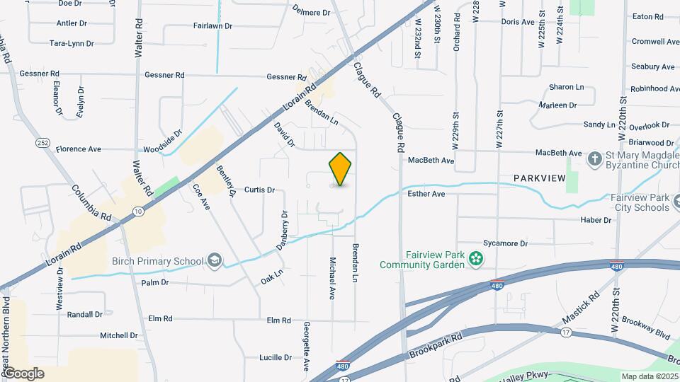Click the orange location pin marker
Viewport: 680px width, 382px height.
pyautogui.click(x=340, y=169)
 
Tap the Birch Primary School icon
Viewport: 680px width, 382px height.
pyautogui.click(x=214, y=262)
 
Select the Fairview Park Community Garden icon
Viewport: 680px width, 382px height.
pyautogui.click(x=478, y=260)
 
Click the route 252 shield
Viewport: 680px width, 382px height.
pyautogui.click(x=42, y=143)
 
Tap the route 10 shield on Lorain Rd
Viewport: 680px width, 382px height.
pyautogui.click(x=137, y=211)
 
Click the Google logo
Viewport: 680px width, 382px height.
pyautogui.click(x=23, y=373)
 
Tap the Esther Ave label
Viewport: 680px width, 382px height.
pyautogui.click(x=426, y=193)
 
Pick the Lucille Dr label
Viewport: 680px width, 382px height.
pyautogui.click(x=276, y=357)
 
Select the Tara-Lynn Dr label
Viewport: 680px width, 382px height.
pyautogui.click(x=72, y=43)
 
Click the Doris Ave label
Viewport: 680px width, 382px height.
pyautogui.click(x=517, y=22)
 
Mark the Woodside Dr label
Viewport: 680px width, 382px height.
pyautogui.click(x=163, y=141)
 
